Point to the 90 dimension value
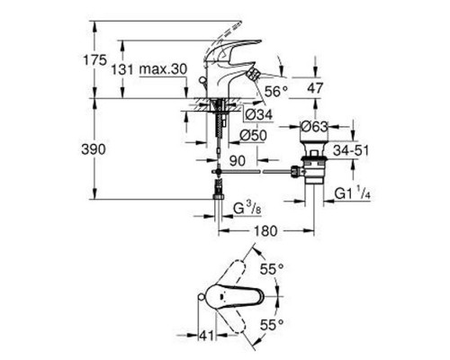point(238,159)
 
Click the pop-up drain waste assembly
point(316,169)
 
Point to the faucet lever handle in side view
point(217,45)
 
